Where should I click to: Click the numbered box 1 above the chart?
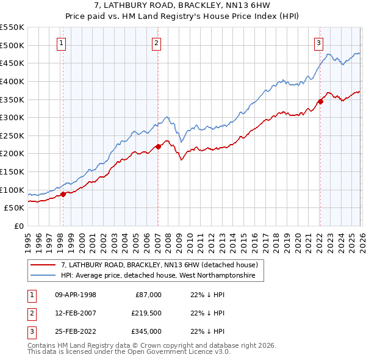[x=62, y=43]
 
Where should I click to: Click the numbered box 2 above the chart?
[x=157, y=43]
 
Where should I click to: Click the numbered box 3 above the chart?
[x=318, y=43]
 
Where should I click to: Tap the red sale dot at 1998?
[x=63, y=195]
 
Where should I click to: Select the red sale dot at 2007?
[x=158, y=146]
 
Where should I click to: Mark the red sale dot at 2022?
[x=320, y=101]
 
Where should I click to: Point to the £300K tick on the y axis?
[x=12, y=117]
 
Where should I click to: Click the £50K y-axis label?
[x=15, y=208]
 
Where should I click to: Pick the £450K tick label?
[x=12, y=63]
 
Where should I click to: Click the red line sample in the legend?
[x=44, y=265]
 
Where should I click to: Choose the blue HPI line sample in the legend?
[x=44, y=276]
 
